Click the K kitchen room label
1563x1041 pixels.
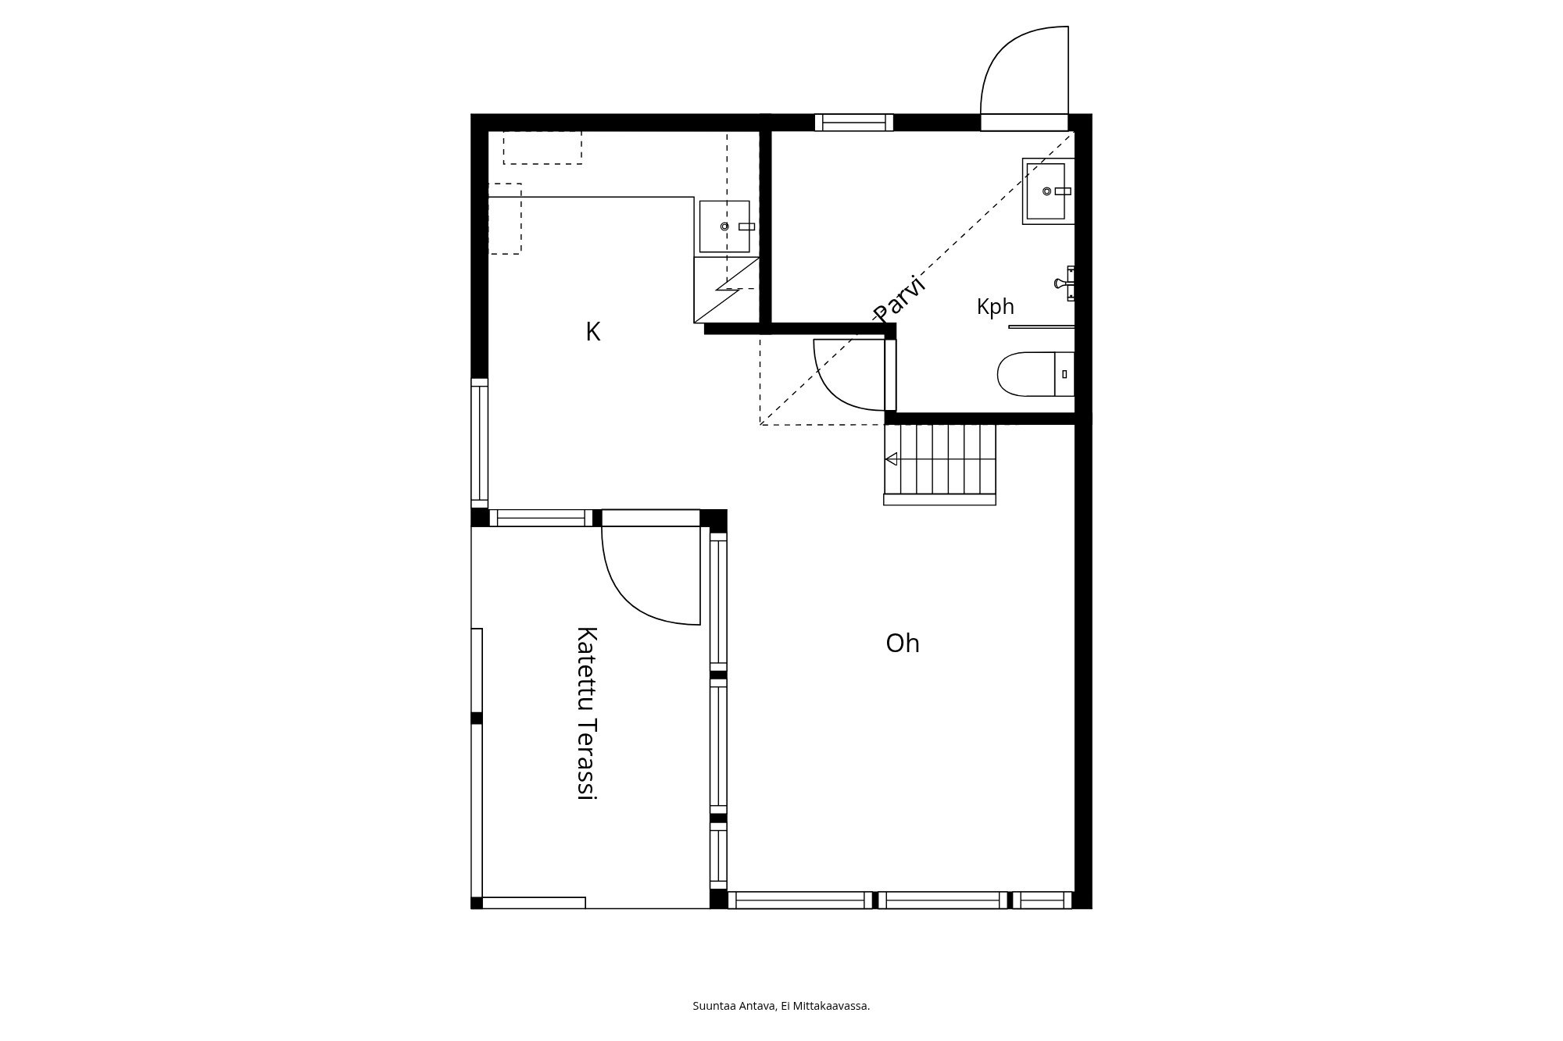click(x=593, y=332)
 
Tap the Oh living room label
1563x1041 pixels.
click(x=903, y=643)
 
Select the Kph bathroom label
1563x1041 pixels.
click(x=996, y=307)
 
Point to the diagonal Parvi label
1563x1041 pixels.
click(x=900, y=298)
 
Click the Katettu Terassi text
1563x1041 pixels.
click(x=586, y=713)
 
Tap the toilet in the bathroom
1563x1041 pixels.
click(x=1035, y=374)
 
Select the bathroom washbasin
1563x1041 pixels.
click(x=1048, y=191)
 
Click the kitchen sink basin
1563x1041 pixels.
click(x=724, y=226)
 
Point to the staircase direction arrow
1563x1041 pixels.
click(x=891, y=459)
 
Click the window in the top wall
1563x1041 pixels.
click(x=854, y=123)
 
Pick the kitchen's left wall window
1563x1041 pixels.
click(x=479, y=443)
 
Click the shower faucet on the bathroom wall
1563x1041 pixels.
click(x=1065, y=283)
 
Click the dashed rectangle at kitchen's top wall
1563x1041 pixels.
click(x=542, y=148)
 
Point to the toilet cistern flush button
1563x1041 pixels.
click(x=1064, y=374)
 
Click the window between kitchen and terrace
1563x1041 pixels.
click(x=541, y=518)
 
